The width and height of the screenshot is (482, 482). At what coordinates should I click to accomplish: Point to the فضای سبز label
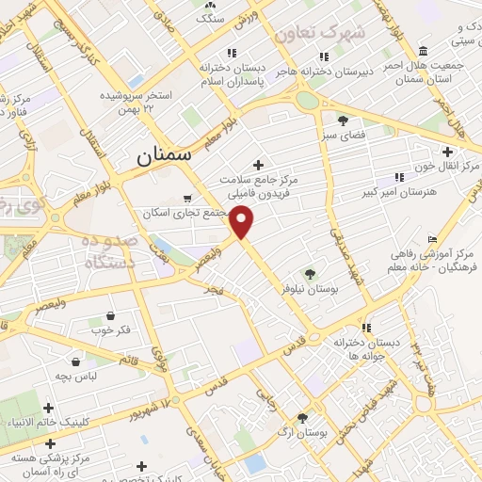(343, 137)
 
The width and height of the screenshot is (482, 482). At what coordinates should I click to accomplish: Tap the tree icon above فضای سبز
(343, 120)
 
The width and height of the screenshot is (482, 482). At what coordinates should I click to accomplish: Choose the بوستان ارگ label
(303, 434)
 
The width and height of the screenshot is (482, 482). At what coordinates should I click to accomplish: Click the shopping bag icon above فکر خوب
(111, 315)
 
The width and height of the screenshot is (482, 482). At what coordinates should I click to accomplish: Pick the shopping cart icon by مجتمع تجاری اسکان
(188, 199)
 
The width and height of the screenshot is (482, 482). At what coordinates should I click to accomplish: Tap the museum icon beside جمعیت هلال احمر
(423, 51)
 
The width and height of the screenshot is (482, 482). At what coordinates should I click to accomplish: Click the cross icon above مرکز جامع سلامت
(258, 164)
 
